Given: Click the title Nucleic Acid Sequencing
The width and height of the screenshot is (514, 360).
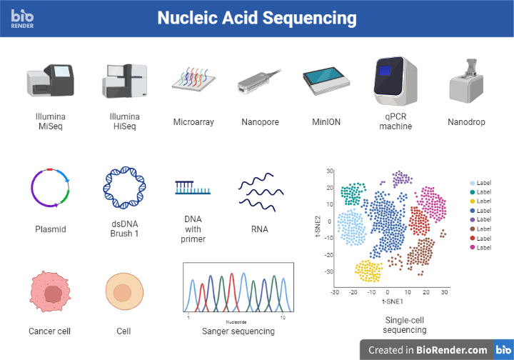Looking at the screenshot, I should [x=256, y=17].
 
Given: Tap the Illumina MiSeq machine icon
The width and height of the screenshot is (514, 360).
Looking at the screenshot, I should [x=50, y=80].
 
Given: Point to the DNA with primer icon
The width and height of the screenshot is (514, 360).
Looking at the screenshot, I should [x=193, y=188].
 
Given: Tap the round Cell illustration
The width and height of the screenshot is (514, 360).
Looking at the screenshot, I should [x=124, y=293].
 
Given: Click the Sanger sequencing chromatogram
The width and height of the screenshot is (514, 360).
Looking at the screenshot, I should [x=238, y=291].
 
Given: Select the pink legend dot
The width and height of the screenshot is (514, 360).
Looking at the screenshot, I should [x=472, y=247].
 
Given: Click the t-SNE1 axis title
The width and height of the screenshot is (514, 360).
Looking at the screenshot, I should [x=387, y=302].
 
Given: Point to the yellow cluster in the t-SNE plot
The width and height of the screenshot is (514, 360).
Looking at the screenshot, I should [x=368, y=270].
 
